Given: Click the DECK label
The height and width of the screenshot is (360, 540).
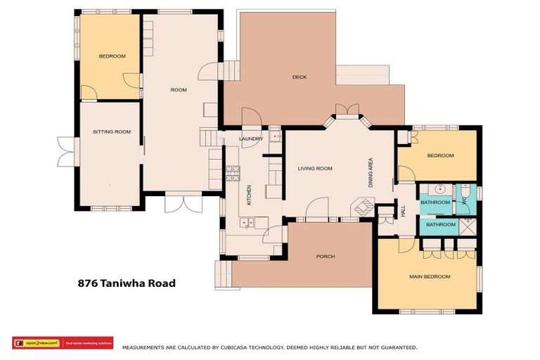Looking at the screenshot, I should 300,77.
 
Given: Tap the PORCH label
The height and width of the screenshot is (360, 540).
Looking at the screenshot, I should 326,257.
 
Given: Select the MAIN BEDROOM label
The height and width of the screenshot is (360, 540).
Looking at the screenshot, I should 430,277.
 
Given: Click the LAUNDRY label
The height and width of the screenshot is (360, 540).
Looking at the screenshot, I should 251,139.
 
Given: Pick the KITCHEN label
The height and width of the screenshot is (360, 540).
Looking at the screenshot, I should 249,195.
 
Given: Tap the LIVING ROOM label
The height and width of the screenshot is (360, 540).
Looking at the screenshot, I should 315,169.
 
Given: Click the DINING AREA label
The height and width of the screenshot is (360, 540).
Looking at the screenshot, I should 371,170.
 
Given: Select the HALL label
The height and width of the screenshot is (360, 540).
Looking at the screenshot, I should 404,211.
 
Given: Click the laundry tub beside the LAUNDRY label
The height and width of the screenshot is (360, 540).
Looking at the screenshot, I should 275,137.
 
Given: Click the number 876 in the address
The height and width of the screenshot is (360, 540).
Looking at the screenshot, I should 87,284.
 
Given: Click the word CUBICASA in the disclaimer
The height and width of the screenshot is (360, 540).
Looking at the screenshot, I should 229,347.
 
